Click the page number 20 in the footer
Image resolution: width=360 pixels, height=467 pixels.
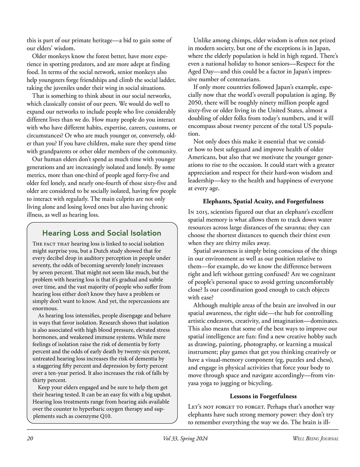[30, 439]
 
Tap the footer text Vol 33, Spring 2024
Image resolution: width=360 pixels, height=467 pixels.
[185, 439]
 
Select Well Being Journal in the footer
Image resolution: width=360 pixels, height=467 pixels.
[315, 439]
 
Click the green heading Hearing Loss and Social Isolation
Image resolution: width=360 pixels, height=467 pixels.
[102, 233]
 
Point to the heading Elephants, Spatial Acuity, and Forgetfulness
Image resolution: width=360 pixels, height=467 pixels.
[263, 201]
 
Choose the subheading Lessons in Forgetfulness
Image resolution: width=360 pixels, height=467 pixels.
[263, 396]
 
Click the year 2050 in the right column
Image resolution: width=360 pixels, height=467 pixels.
[195, 103]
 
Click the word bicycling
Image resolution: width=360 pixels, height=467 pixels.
[260, 383]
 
